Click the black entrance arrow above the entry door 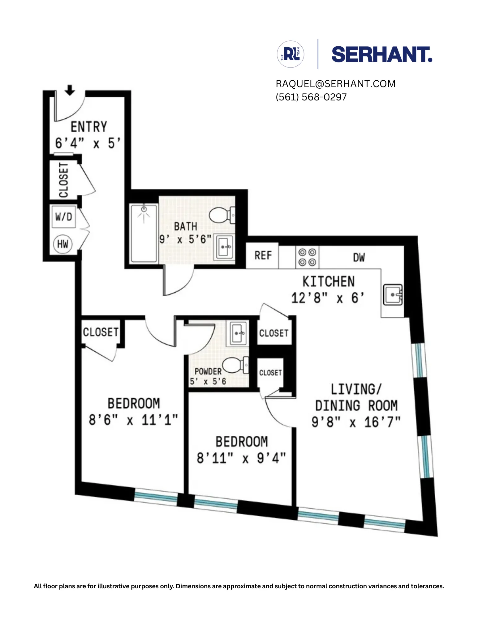point(70,90)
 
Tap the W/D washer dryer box point(64,217)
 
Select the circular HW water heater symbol point(63,244)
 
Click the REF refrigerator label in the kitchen point(263,256)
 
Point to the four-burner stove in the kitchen point(307,257)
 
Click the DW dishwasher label point(359,257)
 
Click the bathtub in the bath point(144,233)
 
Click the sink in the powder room point(238,333)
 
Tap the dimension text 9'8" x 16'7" point(356,422)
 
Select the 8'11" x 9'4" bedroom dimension point(241,458)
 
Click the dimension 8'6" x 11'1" point(133,420)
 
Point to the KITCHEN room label point(328,281)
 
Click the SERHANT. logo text point(381,55)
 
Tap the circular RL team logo point(291,54)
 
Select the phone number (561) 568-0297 point(311,97)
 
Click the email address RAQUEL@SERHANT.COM point(335,84)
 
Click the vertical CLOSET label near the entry point(63,180)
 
